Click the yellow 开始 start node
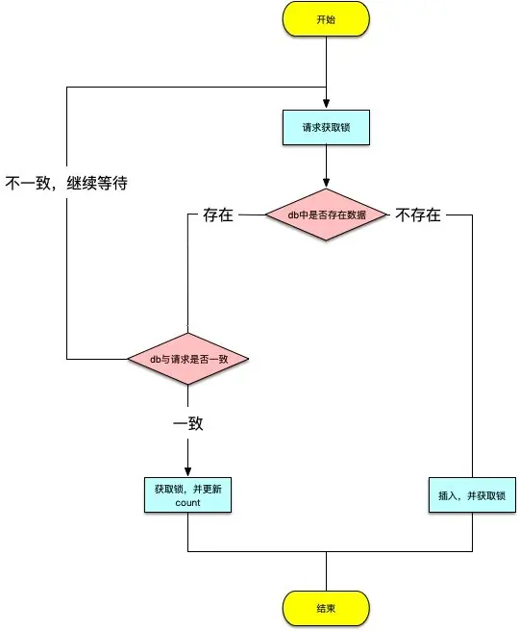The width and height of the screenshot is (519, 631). pos(326,21)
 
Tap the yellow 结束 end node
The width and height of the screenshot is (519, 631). pos(326,608)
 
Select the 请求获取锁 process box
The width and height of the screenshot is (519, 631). pos(326,127)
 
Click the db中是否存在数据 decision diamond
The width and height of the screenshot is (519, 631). pos(326,214)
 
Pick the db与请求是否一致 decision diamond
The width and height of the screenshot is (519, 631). pos(188,359)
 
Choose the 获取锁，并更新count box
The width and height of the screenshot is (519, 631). pos(187,495)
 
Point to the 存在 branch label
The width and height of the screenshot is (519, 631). pos(218,215)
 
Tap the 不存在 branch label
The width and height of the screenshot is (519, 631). pos(418,215)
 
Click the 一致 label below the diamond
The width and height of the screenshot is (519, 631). pos(188,424)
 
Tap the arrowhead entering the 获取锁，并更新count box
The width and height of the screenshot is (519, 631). pos(188,471)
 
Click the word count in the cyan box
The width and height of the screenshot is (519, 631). pos(187,504)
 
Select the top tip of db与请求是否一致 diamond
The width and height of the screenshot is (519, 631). pos(188,334)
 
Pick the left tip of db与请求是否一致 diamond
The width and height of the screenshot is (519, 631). pos(128,359)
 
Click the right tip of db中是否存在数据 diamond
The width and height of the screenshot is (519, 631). pos(388,214)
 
